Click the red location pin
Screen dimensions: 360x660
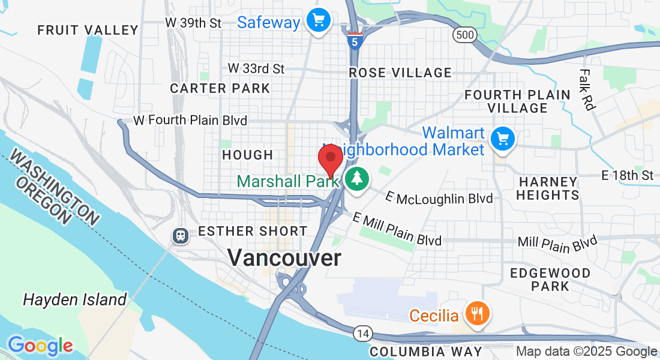(x=330, y=159)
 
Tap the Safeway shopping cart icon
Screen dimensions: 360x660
(x=318, y=21)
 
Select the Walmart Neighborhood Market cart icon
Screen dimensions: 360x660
(x=502, y=140)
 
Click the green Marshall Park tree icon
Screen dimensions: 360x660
(x=357, y=179)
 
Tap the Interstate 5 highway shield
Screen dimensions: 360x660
(x=355, y=40)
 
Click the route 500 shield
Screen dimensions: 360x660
(x=465, y=35)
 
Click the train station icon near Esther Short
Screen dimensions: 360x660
(x=180, y=235)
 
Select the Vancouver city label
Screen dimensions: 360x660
(x=284, y=258)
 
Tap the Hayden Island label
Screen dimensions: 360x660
(x=74, y=299)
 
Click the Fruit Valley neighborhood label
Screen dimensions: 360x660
(x=88, y=29)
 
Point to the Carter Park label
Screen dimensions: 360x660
(x=220, y=88)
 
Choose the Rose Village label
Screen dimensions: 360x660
(x=400, y=73)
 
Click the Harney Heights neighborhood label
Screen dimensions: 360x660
(x=548, y=188)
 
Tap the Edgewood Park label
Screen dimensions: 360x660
(x=550, y=279)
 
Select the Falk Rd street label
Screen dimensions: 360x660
(x=586, y=89)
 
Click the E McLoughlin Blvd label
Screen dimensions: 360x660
(x=439, y=198)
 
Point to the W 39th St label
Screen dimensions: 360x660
(x=193, y=23)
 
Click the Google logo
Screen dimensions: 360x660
(x=40, y=346)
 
